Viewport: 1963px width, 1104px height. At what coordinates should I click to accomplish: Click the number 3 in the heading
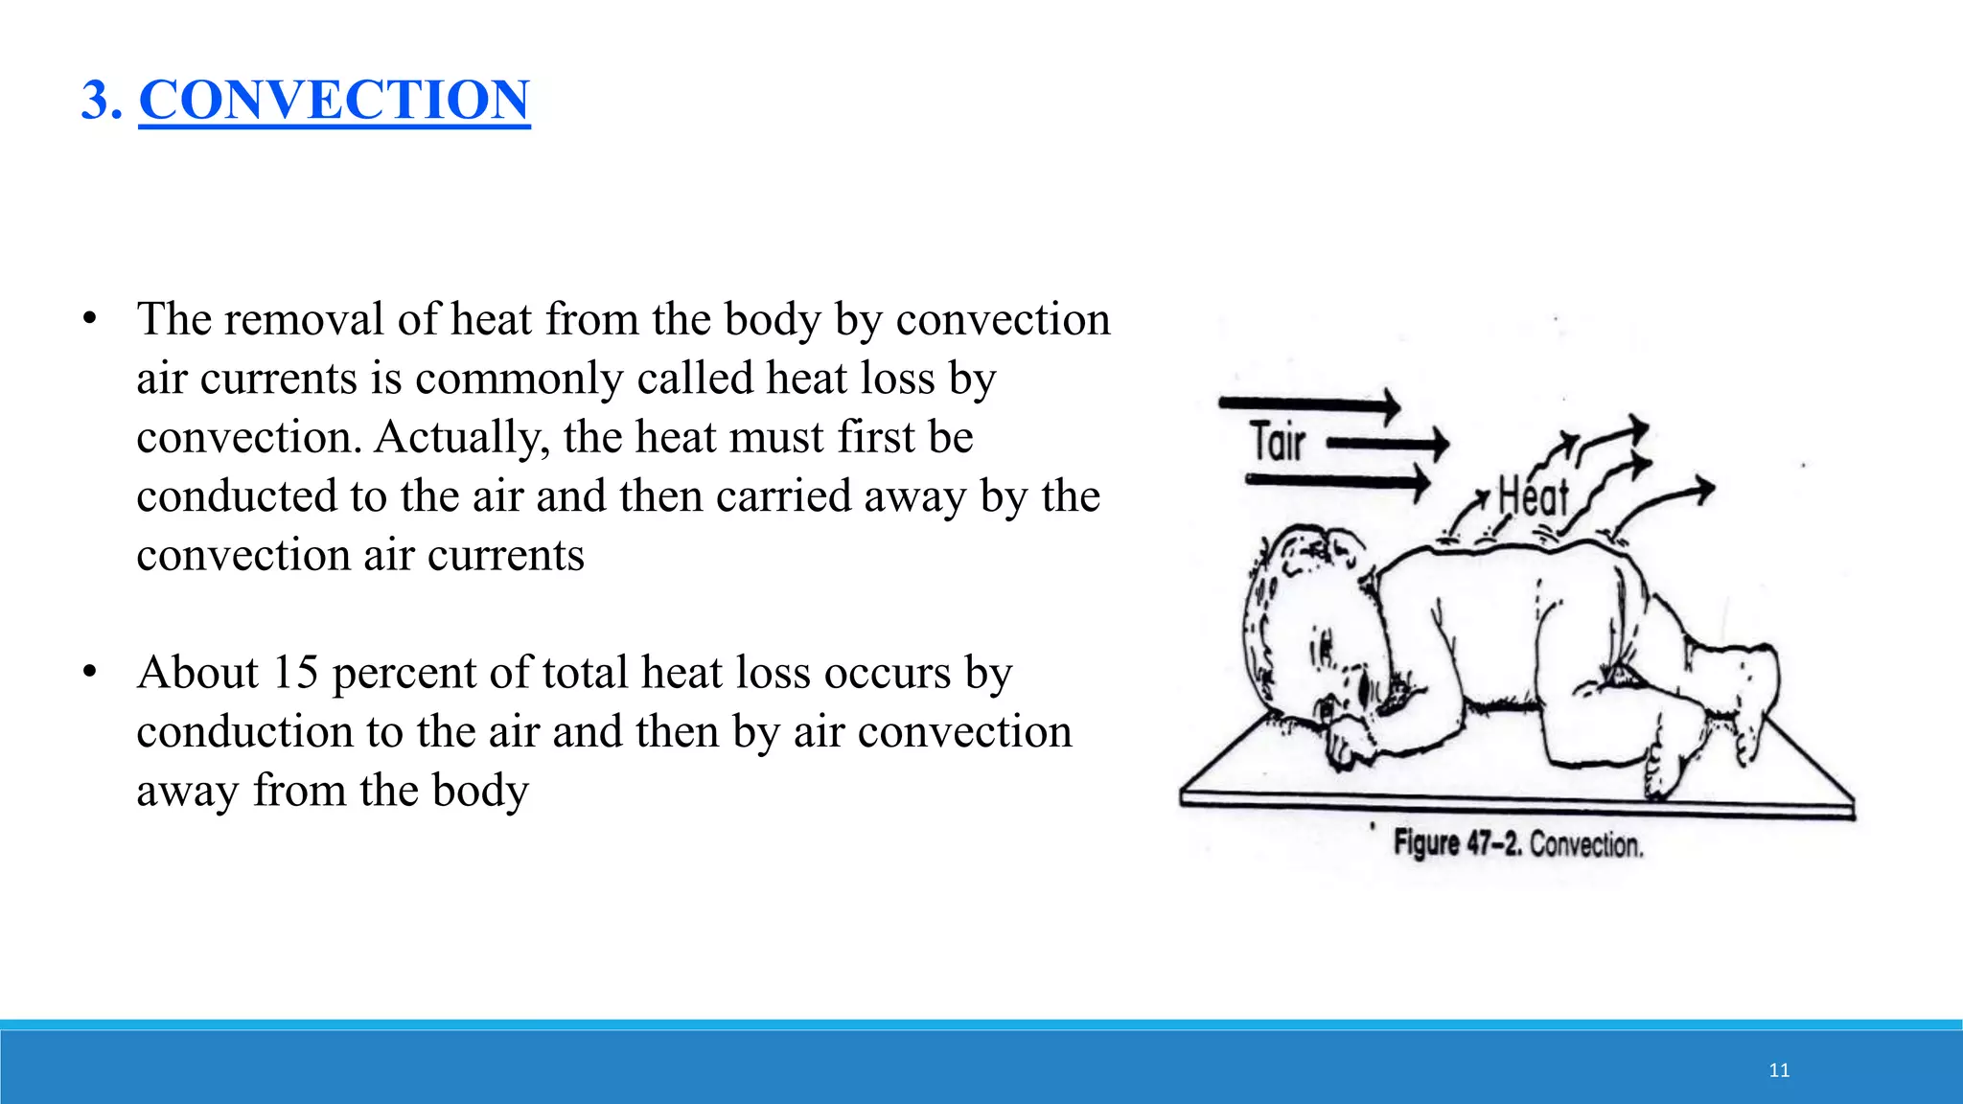coord(95,100)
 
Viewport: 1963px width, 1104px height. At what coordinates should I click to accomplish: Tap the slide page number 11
coord(1779,1070)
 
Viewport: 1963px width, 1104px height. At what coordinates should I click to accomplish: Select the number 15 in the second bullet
coord(295,673)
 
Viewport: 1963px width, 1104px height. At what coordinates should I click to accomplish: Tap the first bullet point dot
coord(89,319)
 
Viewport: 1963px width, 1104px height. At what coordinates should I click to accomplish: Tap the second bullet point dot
coord(89,673)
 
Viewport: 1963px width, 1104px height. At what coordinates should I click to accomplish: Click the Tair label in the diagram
coord(1278,443)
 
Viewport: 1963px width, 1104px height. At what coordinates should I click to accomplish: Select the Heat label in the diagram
coord(1533,497)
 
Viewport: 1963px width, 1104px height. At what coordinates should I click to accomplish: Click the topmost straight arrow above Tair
coord(1309,404)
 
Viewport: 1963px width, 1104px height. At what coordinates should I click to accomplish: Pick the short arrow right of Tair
coord(1388,444)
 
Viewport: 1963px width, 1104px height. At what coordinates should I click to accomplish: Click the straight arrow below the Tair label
coord(1337,480)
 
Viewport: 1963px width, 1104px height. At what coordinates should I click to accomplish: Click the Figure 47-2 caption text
coord(1518,844)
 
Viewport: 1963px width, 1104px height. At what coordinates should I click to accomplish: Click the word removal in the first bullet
coord(304,319)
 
